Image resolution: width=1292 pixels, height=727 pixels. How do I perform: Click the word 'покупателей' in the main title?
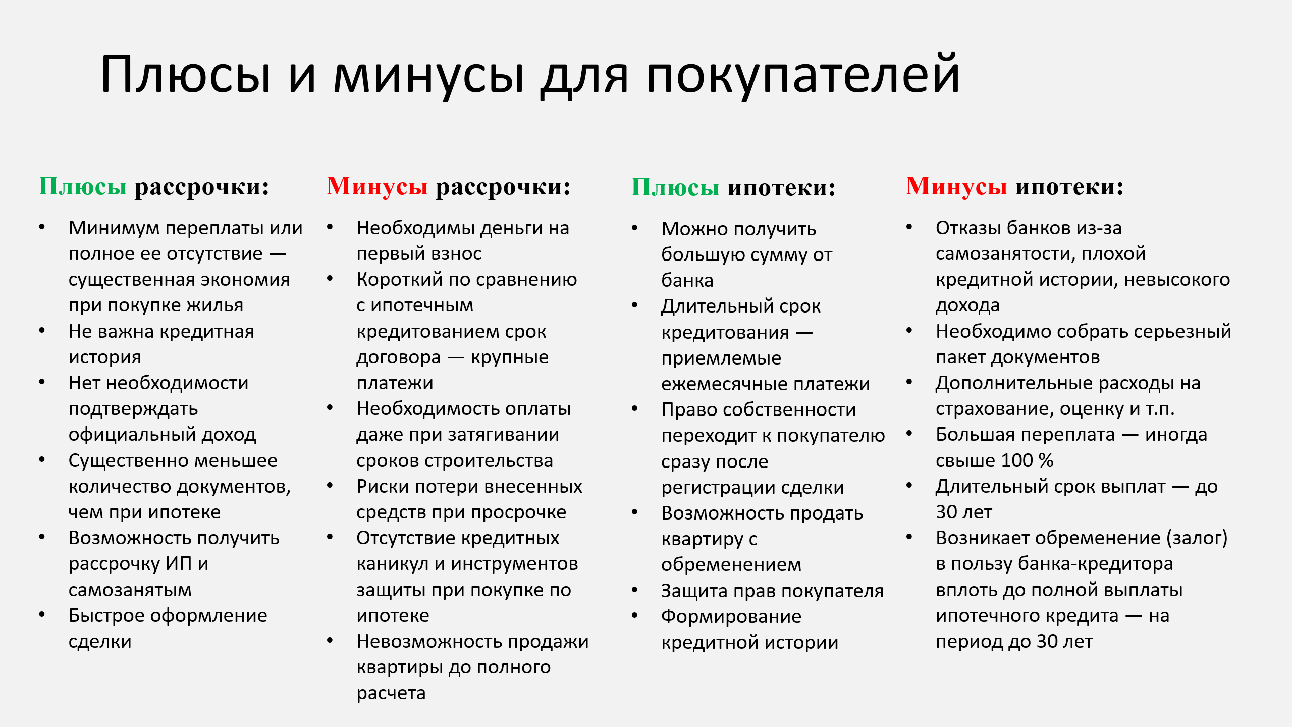point(802,76)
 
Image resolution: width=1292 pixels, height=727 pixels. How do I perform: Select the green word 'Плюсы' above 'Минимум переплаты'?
point(83,186)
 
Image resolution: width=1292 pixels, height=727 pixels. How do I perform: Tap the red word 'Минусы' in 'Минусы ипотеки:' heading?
point(956,186)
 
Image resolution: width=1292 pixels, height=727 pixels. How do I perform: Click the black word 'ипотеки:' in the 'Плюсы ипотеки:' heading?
point(782,188)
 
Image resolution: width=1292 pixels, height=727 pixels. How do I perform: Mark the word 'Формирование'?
point(731,616)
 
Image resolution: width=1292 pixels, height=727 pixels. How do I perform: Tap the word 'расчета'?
point(391,694)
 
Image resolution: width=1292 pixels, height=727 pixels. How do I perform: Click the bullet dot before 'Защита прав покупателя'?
point(635,590)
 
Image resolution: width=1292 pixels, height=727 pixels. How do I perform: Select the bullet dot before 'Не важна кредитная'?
point(42,331)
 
